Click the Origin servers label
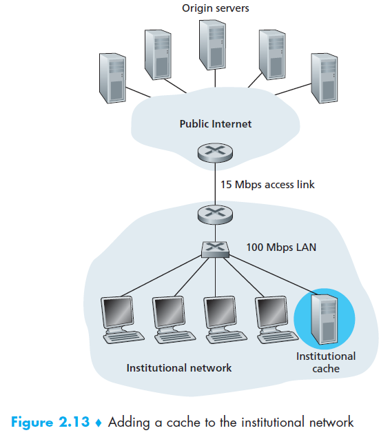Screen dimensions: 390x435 tap(215, 8)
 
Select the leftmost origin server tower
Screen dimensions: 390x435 tap(112, 78)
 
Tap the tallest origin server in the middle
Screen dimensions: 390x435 tap(212, 45)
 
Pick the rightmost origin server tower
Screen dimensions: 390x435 tap(325, 78)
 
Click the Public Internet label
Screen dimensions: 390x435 tap(216, 123)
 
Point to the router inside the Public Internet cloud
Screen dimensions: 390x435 tap(215, 152)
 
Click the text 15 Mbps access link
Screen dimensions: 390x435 tap(267, 185)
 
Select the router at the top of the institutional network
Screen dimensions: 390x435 tap(215, 214)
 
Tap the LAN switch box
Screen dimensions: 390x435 tap(215, 250)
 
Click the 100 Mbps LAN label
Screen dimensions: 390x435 tap(281, 247)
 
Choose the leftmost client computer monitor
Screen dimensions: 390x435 tap(117, 313)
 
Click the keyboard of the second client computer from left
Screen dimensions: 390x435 tap(175, 337)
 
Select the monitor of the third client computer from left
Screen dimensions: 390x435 tap(220, 313)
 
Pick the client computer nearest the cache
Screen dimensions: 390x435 tap(276, 320)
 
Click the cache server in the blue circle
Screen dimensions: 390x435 tap(325, 319)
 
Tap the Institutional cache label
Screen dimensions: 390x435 tap(326, 363)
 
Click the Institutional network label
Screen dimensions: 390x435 tap(179, 368)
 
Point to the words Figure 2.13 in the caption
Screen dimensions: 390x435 tap(50, 422)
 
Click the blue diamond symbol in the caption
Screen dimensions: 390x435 tap(99, 423)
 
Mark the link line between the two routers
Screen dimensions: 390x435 tap(215, 183)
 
